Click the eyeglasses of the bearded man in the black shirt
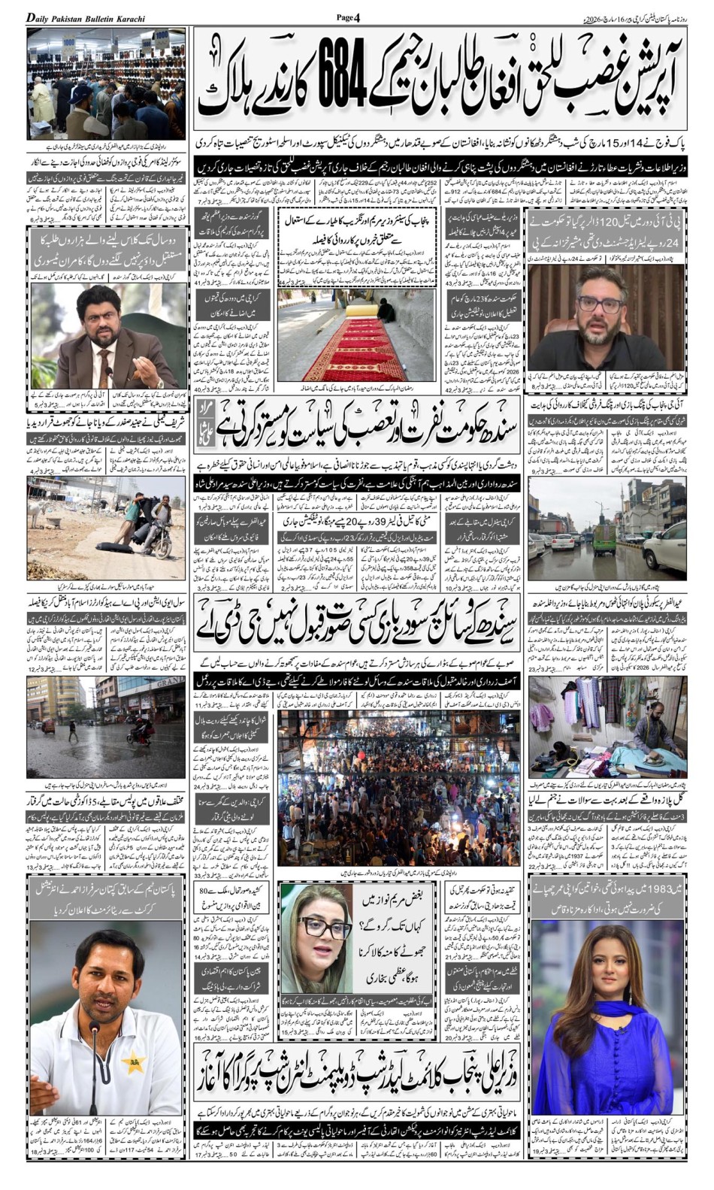click(x=600, y=304)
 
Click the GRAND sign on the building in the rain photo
click(x=169, y=682)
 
